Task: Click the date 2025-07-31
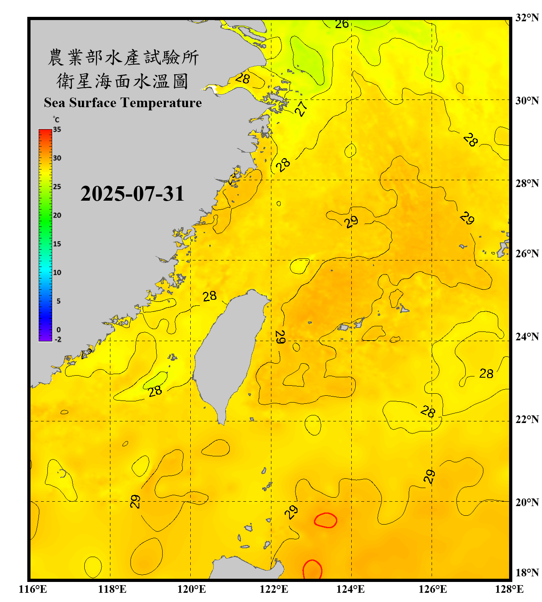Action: click(x=132, y=194)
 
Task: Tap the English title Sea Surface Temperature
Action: click(x=123, y=103)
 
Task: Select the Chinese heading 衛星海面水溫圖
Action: click(x=122, y=81)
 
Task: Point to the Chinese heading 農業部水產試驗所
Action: click(x=123, y=57)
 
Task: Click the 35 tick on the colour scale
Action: click(x=57, y=130)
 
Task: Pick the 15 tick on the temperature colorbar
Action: click(x=57, y=244)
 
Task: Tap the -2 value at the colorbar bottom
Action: click(x=58, y=340)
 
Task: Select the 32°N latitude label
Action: click(x=527, y=18)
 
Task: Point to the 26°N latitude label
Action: click(x=527, y=254)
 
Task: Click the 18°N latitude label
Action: click(x=527, y=573)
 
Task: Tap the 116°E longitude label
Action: click(x=33, y=589)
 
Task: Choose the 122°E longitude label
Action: click(x=274, y=589)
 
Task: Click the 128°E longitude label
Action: click(x=509, y=589)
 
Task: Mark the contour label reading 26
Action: click(x=342, y=24)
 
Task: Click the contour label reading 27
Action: click(x=301, y=108)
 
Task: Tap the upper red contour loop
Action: click(x=325, y=520)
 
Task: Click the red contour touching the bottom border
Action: click(x=312, y=570)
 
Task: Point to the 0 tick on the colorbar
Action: click(x=59, y=330)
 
